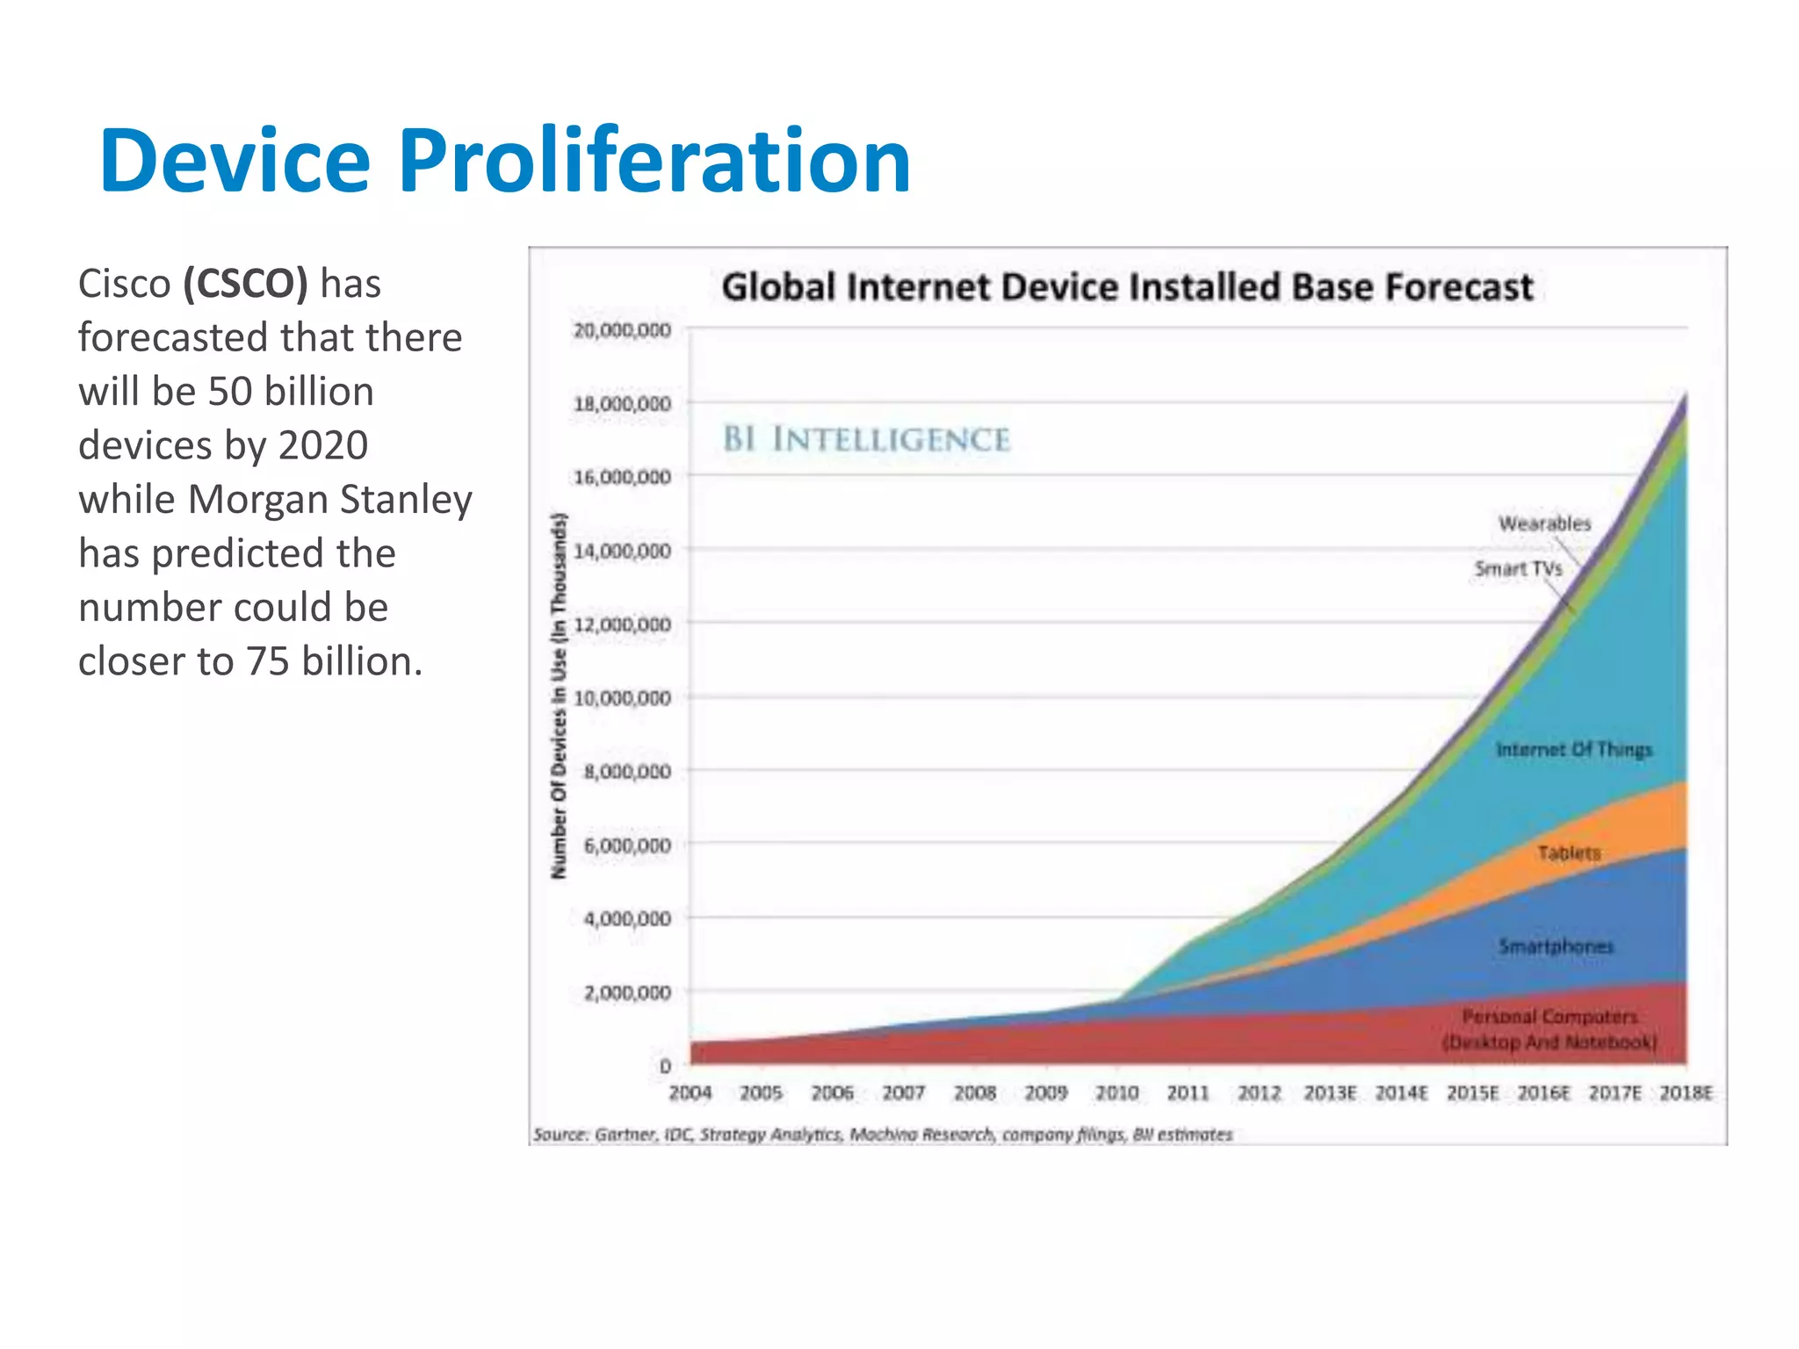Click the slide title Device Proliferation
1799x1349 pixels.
point(505,161)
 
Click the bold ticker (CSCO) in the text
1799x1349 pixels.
point(246,284)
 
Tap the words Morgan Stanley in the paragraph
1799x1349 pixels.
point(330,500)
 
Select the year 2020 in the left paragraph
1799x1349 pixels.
point(323,445)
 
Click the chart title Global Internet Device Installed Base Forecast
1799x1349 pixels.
point(1127,287)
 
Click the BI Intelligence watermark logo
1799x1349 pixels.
point(866,439)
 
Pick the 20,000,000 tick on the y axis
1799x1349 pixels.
point(622,330)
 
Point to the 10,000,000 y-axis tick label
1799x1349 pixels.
point(622,698)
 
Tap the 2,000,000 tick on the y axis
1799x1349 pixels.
point(627,992)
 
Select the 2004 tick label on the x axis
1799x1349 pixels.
point(690,1093)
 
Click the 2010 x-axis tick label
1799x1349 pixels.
point(1117,1093)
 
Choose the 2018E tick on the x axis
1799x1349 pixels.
point(1686,1093)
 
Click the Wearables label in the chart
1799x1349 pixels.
point(1544,523)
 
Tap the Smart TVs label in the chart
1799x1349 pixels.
point(1518,569)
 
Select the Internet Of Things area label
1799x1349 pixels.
point(1574,749)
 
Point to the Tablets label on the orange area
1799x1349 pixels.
point(1569,853)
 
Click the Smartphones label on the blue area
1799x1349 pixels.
point(1556,946)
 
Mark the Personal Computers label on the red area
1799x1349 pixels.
point(1550,1028)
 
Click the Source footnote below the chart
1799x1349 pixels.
point(883,1135)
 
